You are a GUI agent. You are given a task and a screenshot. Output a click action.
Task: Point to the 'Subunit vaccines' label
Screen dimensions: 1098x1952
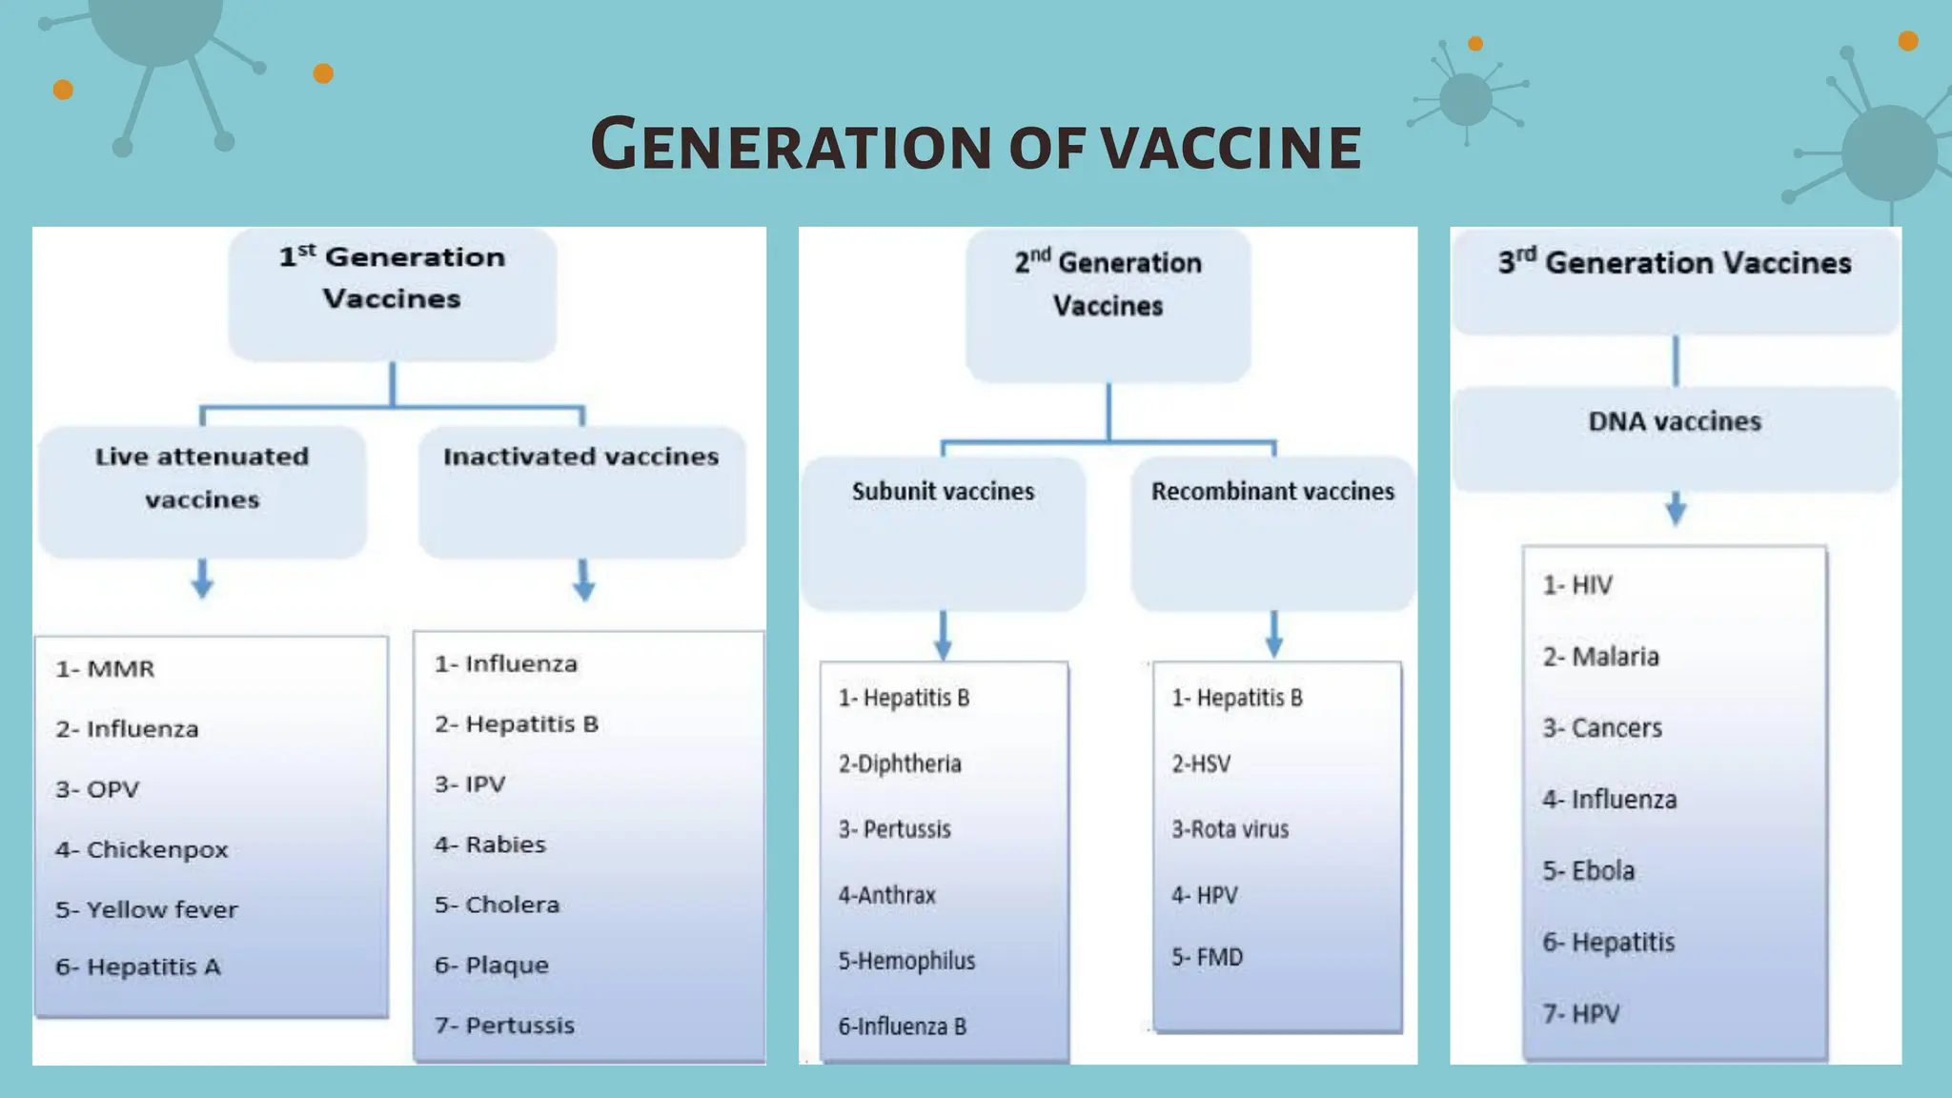pyautogui.click(x=943, y=492)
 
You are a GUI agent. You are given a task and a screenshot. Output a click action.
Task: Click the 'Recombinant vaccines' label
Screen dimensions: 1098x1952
pyautogui.click(x=1272, y=492)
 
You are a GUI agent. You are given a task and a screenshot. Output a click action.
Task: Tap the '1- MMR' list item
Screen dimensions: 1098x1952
pyautogui.click(x=105, y=669)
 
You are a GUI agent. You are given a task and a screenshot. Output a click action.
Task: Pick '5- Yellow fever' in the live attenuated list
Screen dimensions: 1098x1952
pyautogui.click(x=147, y=910)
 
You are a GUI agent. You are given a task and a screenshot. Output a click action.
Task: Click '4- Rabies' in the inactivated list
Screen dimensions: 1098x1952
pyautogui.click(x=490, y=845)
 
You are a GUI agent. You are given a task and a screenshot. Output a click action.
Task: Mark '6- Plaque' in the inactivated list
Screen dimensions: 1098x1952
pyautogui.click(x=492, y=966)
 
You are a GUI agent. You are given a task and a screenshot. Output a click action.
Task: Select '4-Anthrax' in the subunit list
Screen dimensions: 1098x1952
pyautogui.click(x=886, y=896)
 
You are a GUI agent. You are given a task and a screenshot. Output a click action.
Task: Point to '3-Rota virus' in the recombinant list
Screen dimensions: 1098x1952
pyautogui.click(x=1230, y=830)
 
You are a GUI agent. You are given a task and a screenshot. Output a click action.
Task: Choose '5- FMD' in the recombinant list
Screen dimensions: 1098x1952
pyautogui.click(x=1207, y=958)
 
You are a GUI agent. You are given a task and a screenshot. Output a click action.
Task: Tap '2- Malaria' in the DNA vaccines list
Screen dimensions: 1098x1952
pyautogui.click(x=1600, y=657)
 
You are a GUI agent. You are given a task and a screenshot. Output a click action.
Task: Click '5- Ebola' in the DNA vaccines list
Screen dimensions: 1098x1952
pyautogui.click(x=1588, y=871)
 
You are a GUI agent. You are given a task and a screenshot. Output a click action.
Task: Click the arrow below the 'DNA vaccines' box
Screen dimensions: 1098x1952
pyautogui.click(x=1676, y=508)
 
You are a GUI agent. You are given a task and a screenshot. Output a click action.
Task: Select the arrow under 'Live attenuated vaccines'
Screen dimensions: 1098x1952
pyautogui.click(x=202, y=579)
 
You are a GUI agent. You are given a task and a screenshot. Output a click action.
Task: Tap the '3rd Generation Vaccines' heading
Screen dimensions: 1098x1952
pyautogui.click(x=1675, y=263)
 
